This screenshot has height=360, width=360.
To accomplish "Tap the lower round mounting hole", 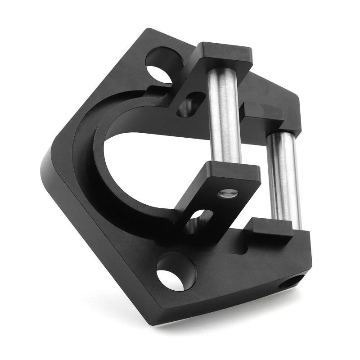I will pos(176,272).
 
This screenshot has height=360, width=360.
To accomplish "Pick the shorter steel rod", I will pos(284,180).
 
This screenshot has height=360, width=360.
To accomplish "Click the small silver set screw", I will pos(227,194).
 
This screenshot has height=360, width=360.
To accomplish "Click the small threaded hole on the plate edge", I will pos(291,283).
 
